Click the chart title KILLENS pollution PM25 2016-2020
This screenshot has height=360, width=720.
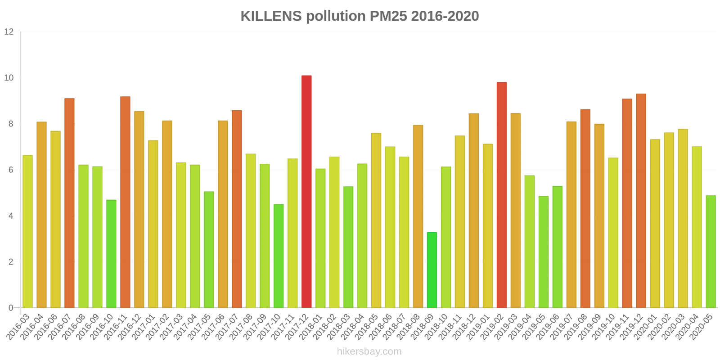pos(360,16)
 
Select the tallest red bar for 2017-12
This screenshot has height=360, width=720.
pos(306,192)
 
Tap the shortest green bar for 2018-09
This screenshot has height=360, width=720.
pos(432,270)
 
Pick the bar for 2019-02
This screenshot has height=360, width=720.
pos(502,195)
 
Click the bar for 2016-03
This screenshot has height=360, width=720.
pos(27,232)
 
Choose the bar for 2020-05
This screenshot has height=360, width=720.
pos(711,252)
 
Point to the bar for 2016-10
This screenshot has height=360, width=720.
pos(111,254)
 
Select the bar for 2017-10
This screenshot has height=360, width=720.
pos(279,256)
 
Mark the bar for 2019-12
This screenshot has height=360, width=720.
pos(641,201)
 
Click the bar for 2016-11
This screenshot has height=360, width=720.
pos(125,202)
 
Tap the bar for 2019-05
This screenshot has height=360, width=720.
pos(543,252)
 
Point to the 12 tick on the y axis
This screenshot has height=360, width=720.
pos(9,32)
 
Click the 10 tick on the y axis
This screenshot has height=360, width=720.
pos(9,78)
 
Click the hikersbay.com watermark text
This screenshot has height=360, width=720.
pos(369,351)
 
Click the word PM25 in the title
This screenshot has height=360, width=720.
pos(388,16)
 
